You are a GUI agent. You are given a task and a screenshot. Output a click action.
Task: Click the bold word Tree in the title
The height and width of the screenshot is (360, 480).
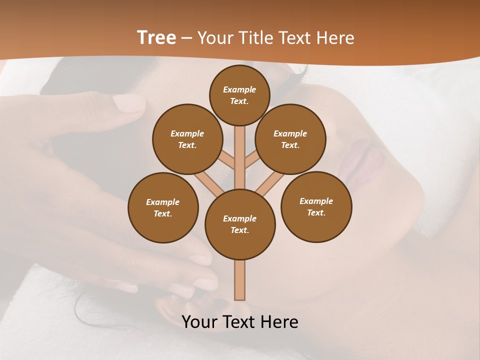[x=156, y=38]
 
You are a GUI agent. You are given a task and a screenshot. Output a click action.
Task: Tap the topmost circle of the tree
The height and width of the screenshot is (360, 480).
[x=239, y=95]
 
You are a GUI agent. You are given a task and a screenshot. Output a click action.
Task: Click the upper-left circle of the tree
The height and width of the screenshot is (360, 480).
[x=187, y=139]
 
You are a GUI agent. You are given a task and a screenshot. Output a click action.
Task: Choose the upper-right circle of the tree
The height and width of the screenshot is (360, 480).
[x=290, y=139]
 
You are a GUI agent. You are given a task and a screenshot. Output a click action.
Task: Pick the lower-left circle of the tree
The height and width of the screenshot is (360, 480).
[x=163, y=207]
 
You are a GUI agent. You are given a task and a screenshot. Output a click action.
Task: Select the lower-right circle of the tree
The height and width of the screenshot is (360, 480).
[x=316, y=206]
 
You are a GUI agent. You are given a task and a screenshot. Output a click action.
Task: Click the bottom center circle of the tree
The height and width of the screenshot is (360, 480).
[x=240, y=224]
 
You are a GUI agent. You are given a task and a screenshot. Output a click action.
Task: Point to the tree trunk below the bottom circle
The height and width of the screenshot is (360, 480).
[x=240, y=280]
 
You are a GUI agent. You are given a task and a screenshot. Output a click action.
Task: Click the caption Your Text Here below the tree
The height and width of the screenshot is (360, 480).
[x=240, y=322]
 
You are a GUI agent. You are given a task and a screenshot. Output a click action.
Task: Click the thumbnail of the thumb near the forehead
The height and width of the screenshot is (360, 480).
[x=129, y=103]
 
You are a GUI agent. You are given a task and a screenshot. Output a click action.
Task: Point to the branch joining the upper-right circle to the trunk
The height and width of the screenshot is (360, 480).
[x=251, y=160]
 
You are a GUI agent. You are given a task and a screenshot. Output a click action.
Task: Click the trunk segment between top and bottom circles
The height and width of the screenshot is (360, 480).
[x=240, y=155]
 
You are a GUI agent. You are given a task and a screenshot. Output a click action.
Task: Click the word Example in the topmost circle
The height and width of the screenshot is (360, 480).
[x=239, y=89]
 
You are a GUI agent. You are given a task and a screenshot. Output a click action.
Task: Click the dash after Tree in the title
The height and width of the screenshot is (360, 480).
[x=186, y=38]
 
